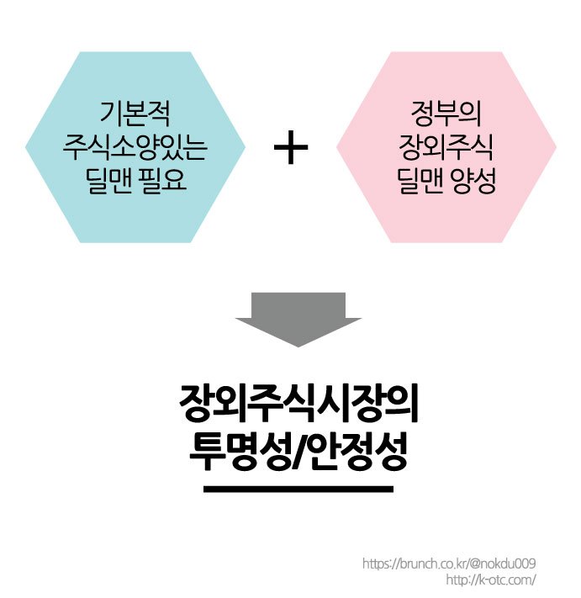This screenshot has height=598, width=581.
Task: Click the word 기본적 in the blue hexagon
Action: tap(135, 110)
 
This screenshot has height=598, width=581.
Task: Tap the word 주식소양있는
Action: tap(135, 147)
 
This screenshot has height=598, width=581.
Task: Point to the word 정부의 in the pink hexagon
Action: tap(446, 110)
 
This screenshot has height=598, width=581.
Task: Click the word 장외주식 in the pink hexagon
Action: tap(446, 147)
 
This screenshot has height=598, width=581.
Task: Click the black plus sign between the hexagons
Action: tap(291, 149)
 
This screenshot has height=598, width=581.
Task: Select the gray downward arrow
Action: tap(298, 319)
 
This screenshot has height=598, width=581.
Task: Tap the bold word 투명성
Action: tap(232, 455)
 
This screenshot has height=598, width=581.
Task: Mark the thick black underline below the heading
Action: tap(298, 488)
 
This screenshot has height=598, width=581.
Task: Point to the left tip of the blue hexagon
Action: tap(28, 148)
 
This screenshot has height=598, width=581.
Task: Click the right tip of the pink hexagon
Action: tap(555, 148)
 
